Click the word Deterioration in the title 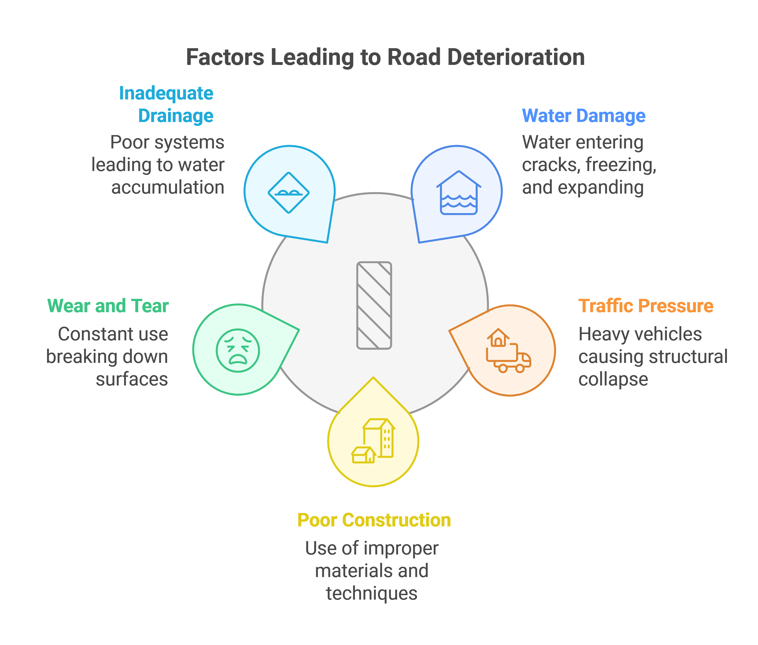coord(516,57)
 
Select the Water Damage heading coord(583,116)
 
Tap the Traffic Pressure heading coord(645,306)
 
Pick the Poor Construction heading coord(374,520)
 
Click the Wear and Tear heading coord(108,306)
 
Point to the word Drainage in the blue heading coord(176,116)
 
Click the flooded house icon coord(459,193)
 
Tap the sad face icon coord(238,350)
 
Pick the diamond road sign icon coord(289,192)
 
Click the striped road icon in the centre coord(374,305)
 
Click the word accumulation coord(167,188)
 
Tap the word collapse coord(613,379)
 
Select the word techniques coord(372,593)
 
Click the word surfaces coord(132,379)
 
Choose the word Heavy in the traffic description coord(599,334)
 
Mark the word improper coord(401,548)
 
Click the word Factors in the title coord(225,57)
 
